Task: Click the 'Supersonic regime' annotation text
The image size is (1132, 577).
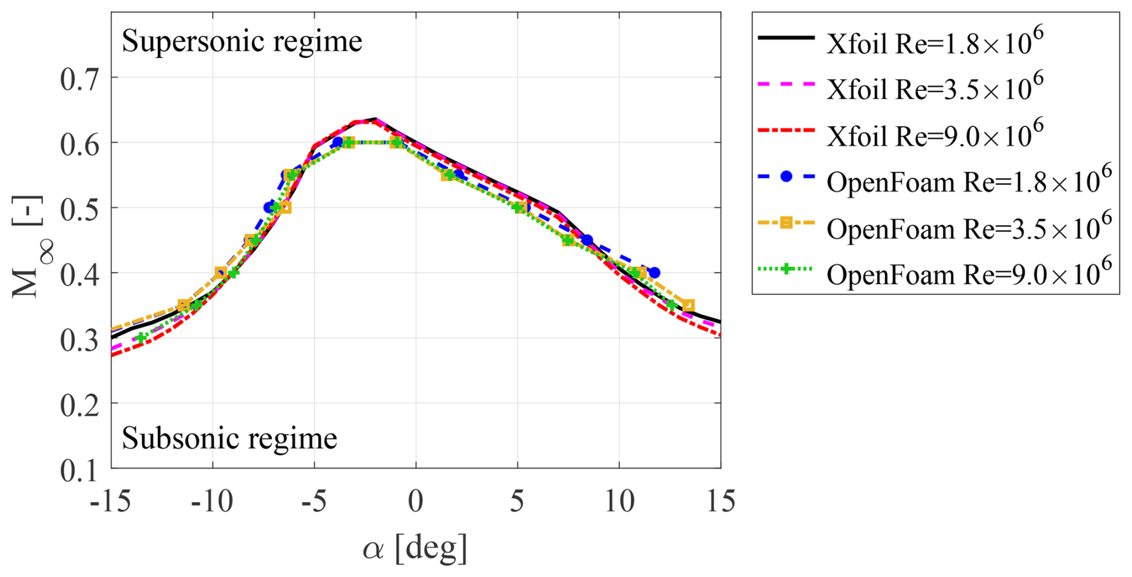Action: click(x=242, y=42)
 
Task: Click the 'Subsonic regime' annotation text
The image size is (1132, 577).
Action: click(x=229, y=439)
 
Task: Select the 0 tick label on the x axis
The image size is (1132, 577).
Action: click(x=416, y=501)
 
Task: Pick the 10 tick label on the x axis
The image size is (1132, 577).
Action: click(x=619, y=501)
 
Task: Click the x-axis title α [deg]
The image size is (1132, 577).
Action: click(x=415, y=547)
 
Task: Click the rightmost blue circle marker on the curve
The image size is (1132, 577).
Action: click(x=655, y=273)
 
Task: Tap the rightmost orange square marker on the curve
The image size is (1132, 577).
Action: click(x=688, y=305)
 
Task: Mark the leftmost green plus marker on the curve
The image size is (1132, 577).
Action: click(x=141, y=338)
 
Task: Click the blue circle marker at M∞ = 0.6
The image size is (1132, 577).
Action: click(x=337, y=142)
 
